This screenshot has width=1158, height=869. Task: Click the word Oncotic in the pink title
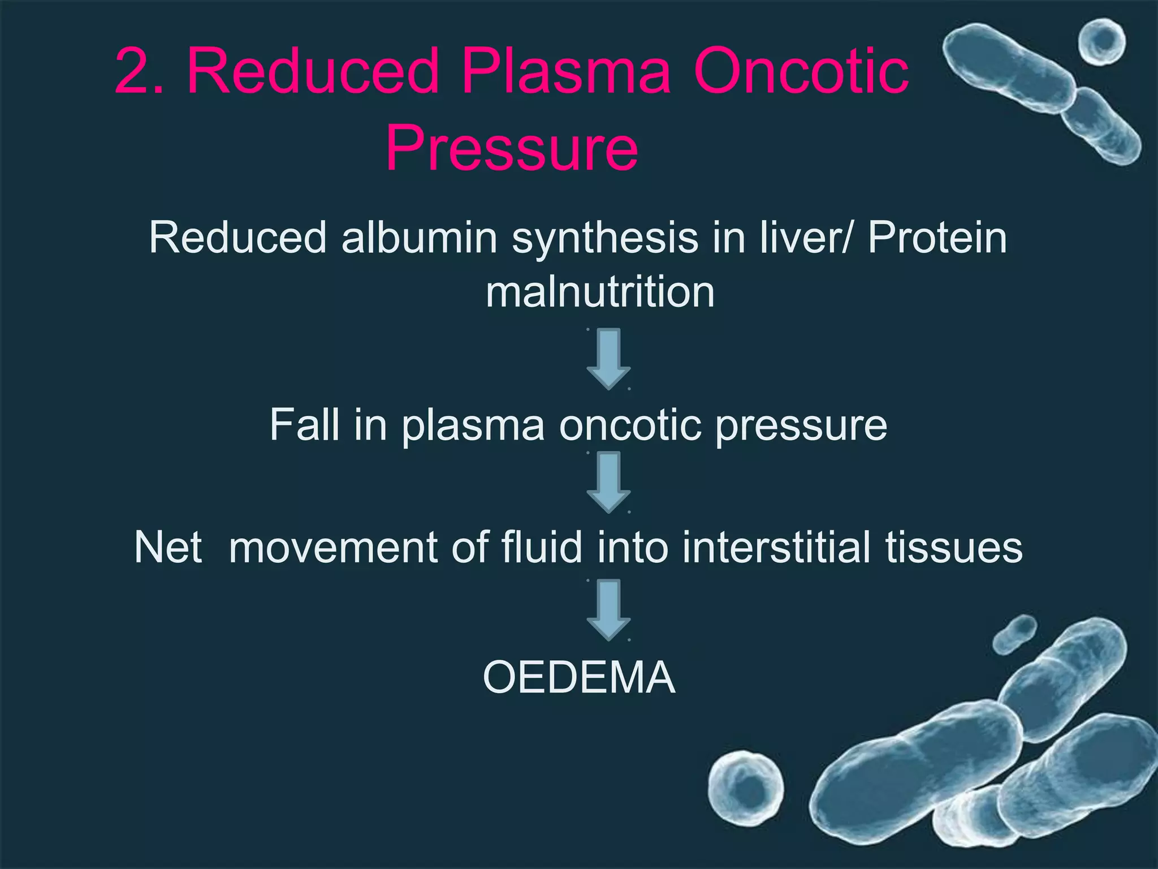tap(801, 71)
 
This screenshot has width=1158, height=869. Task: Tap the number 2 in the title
tap(133, 71)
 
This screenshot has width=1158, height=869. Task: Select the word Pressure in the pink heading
tap(512, 148)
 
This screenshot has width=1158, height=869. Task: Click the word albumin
tap(419, 238)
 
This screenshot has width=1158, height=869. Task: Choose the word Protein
tap(937, 238)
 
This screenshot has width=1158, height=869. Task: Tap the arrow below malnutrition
tap(608, 359)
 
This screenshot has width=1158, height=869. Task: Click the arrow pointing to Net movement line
tap(608, 482)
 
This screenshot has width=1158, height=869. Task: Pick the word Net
tap(168, 547)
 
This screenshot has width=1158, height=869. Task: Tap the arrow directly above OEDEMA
tap(608, 609)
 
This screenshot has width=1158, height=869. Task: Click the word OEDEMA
tap(579, 677)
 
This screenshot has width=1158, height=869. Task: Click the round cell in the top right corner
tap(1101, 42)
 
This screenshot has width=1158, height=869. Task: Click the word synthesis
tap(605, 238)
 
